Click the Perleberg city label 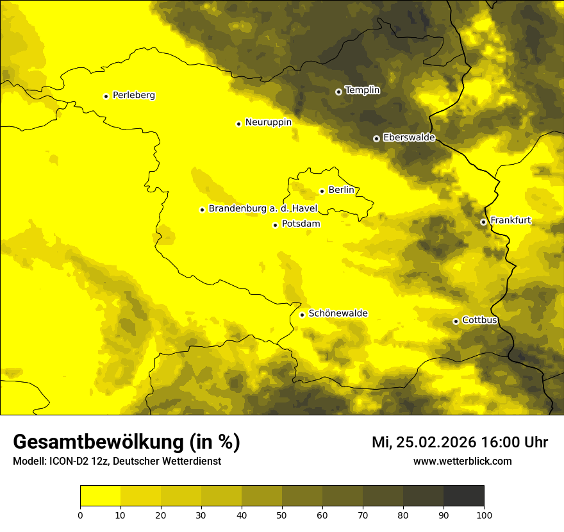tap(133, 96)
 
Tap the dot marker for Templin tap(338, 92)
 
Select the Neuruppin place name tap(268, 122)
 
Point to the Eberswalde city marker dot tap(376, 138)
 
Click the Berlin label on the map tap(341, 190)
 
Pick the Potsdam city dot tap(275, 225)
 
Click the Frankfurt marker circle tap(483, 222)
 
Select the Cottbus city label tap(479, 320)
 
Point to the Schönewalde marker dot tap(302, 315)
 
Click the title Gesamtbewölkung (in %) tap(126, 442)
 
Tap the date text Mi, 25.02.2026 tap(424, 442)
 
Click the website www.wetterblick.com tap(462, 461)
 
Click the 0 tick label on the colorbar tap(80, 515)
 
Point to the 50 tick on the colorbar tap(282, 515)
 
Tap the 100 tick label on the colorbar tap(484, 515)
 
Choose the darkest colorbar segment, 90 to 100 tap(463, 496)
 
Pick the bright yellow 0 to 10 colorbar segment tap(100, 496)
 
